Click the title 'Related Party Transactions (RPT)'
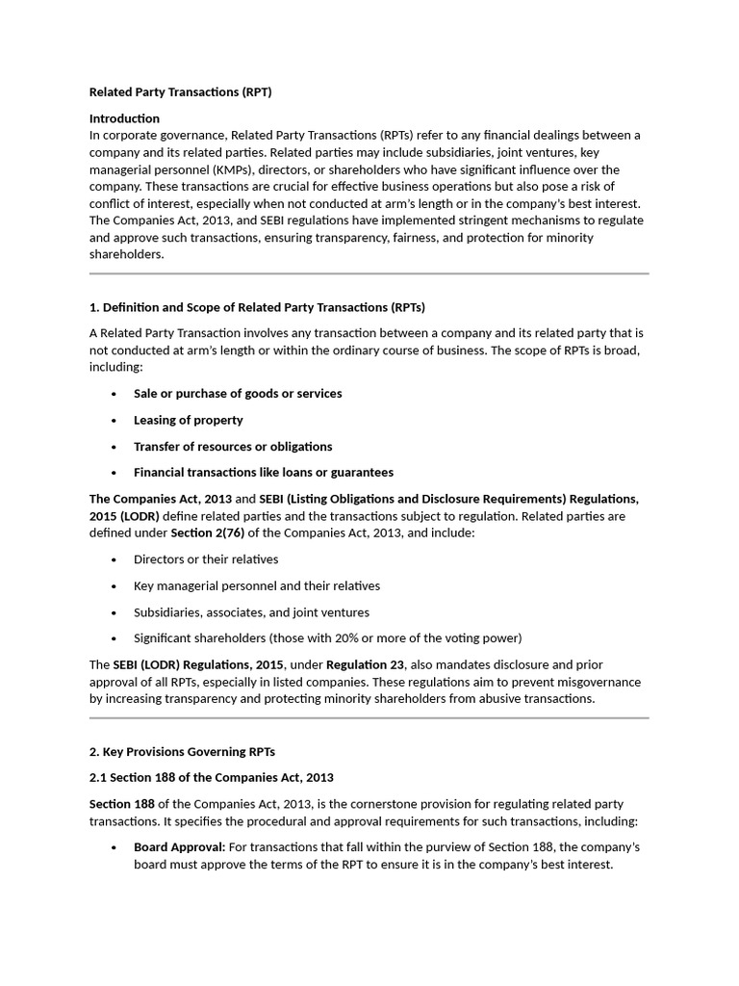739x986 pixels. (x=181, y=92)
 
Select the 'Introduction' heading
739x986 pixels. (x=124, y=118)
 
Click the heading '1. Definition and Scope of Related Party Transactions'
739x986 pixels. (x=257, y=307)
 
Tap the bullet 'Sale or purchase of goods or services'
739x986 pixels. (x=237, y=393)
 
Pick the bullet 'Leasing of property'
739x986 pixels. (x=188, y=420)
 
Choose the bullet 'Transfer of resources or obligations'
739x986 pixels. (x=232, y=446)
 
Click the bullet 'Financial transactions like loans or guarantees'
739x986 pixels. (x=263, y=472)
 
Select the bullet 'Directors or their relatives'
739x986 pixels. (x=205, y=559)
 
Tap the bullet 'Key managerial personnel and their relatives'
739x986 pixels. (x=256, y=585)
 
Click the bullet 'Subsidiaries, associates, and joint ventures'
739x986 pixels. (x=250, y=612)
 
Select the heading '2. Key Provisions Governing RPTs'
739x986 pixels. (x=182, y=751)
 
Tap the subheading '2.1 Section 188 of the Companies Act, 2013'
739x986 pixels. (x=211, y=777)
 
